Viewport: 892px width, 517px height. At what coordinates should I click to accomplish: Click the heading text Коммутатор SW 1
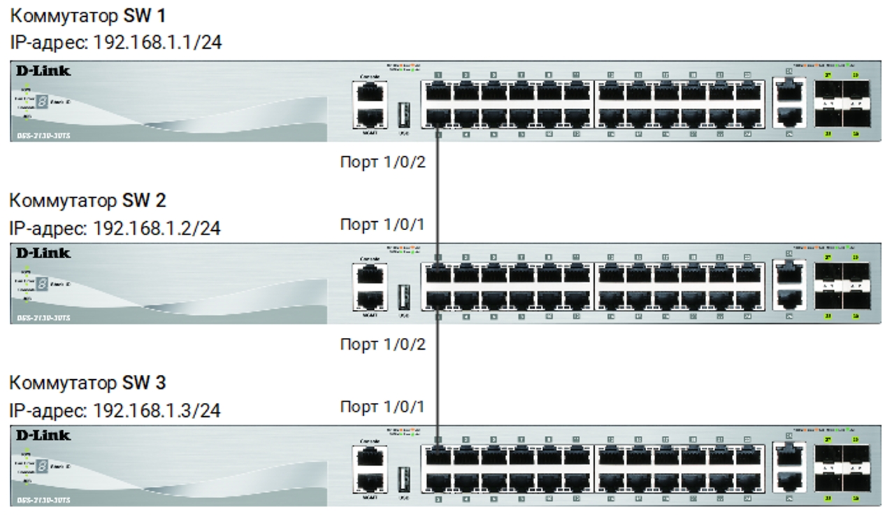(x=87, y=15)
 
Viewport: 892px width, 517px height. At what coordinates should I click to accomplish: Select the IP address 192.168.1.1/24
(x=115, y=43)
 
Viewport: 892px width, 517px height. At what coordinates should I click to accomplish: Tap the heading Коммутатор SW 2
(x=87, y=201)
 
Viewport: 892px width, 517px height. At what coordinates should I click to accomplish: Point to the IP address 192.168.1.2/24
(x=115, y=228)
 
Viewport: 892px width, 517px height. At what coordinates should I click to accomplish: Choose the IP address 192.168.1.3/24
(x=115, y=410)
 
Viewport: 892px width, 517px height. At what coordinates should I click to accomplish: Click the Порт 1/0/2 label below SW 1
(x=382, y=163)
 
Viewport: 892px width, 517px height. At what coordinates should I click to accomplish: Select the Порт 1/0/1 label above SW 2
(x=382, y=225)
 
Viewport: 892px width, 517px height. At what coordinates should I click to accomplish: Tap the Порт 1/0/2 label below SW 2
(x=382, y=345)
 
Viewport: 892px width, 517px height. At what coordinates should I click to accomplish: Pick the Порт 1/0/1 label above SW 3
(x=382, y=406)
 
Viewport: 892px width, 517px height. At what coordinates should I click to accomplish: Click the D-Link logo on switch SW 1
(x=43, y=71)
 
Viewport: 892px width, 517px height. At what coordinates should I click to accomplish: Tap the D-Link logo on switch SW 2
(x=43, y=253)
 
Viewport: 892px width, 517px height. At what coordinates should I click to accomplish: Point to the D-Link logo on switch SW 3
(x=43, y=435)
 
